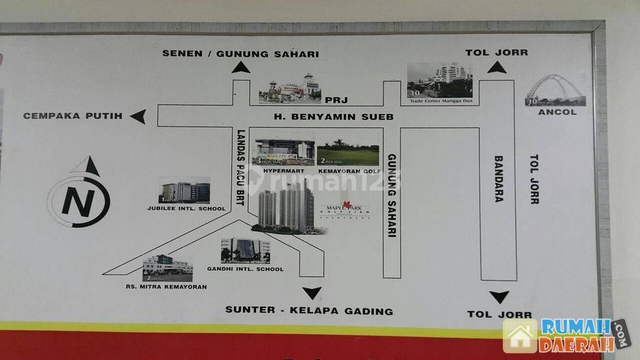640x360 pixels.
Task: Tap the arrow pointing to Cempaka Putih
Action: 138,116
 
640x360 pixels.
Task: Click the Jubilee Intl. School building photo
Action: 185,190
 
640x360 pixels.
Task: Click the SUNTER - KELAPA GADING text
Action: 309,310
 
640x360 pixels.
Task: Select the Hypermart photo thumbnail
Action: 283,152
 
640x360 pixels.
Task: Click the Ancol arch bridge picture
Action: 556,90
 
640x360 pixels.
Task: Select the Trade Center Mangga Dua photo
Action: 440,80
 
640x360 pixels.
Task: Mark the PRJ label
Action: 338,99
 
